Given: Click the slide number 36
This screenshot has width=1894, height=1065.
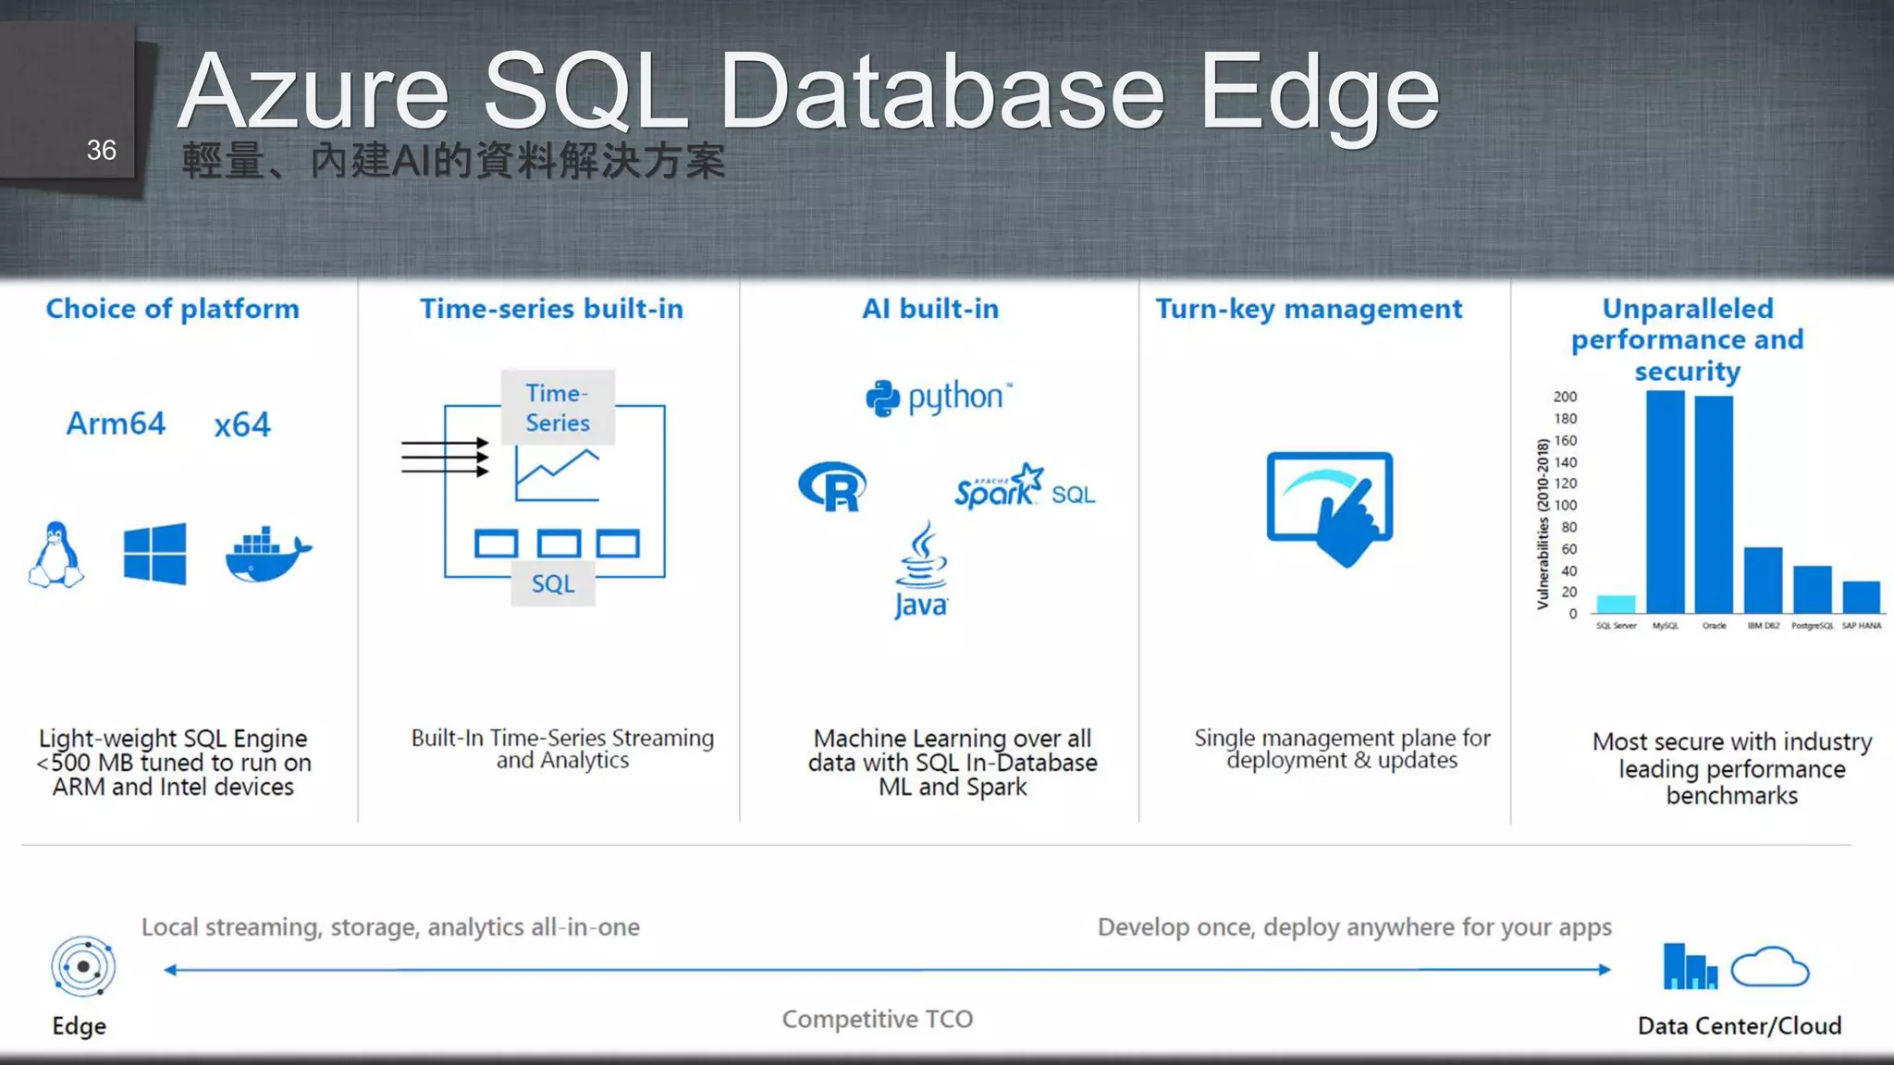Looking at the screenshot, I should [x=101, y=150].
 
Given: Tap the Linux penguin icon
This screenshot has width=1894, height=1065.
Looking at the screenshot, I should [x=56, y=555].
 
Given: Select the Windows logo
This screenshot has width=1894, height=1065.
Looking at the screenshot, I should [x=154, y=554].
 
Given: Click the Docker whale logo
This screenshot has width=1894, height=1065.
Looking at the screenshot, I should [x=267, y=555].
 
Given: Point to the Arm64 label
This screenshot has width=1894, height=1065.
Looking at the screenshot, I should [x=116, y=423].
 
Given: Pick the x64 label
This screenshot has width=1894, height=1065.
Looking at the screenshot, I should [x=242, y=424].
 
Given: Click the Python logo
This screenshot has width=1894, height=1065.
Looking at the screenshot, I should [x=938, y=398].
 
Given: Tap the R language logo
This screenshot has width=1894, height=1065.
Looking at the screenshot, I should [x=832, y=486].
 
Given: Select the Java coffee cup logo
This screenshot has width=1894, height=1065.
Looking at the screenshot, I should [x=921, y=569].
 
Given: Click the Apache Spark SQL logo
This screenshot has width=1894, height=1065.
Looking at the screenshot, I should [x=1025, y=487].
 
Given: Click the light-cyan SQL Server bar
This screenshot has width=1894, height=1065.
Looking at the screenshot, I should [x=1616, y=604].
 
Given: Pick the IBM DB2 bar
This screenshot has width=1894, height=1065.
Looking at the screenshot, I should [x=1763, y=580].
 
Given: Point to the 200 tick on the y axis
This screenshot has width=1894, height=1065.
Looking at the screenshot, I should [x=1565, y=397].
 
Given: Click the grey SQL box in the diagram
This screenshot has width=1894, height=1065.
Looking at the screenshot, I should [x=553, y=583].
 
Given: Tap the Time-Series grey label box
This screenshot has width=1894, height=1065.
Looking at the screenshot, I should [x=558, y=408].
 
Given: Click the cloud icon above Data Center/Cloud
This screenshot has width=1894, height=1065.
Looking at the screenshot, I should [x=1769, y=967].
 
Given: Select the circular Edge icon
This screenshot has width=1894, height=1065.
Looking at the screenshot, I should [x=83, y=967].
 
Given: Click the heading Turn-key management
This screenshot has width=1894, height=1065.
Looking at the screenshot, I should [x=1309, y=309].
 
